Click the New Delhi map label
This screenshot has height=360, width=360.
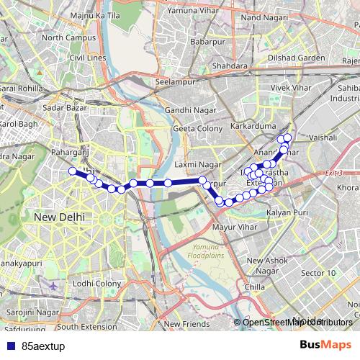point(60,217)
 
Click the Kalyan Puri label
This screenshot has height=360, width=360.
point(287,214)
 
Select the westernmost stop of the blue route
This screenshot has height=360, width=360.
point(72,171)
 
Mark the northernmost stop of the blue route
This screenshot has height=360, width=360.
point(287,137)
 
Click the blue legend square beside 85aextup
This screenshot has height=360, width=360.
point(9,346)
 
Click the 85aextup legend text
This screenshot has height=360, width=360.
point(43,346)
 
